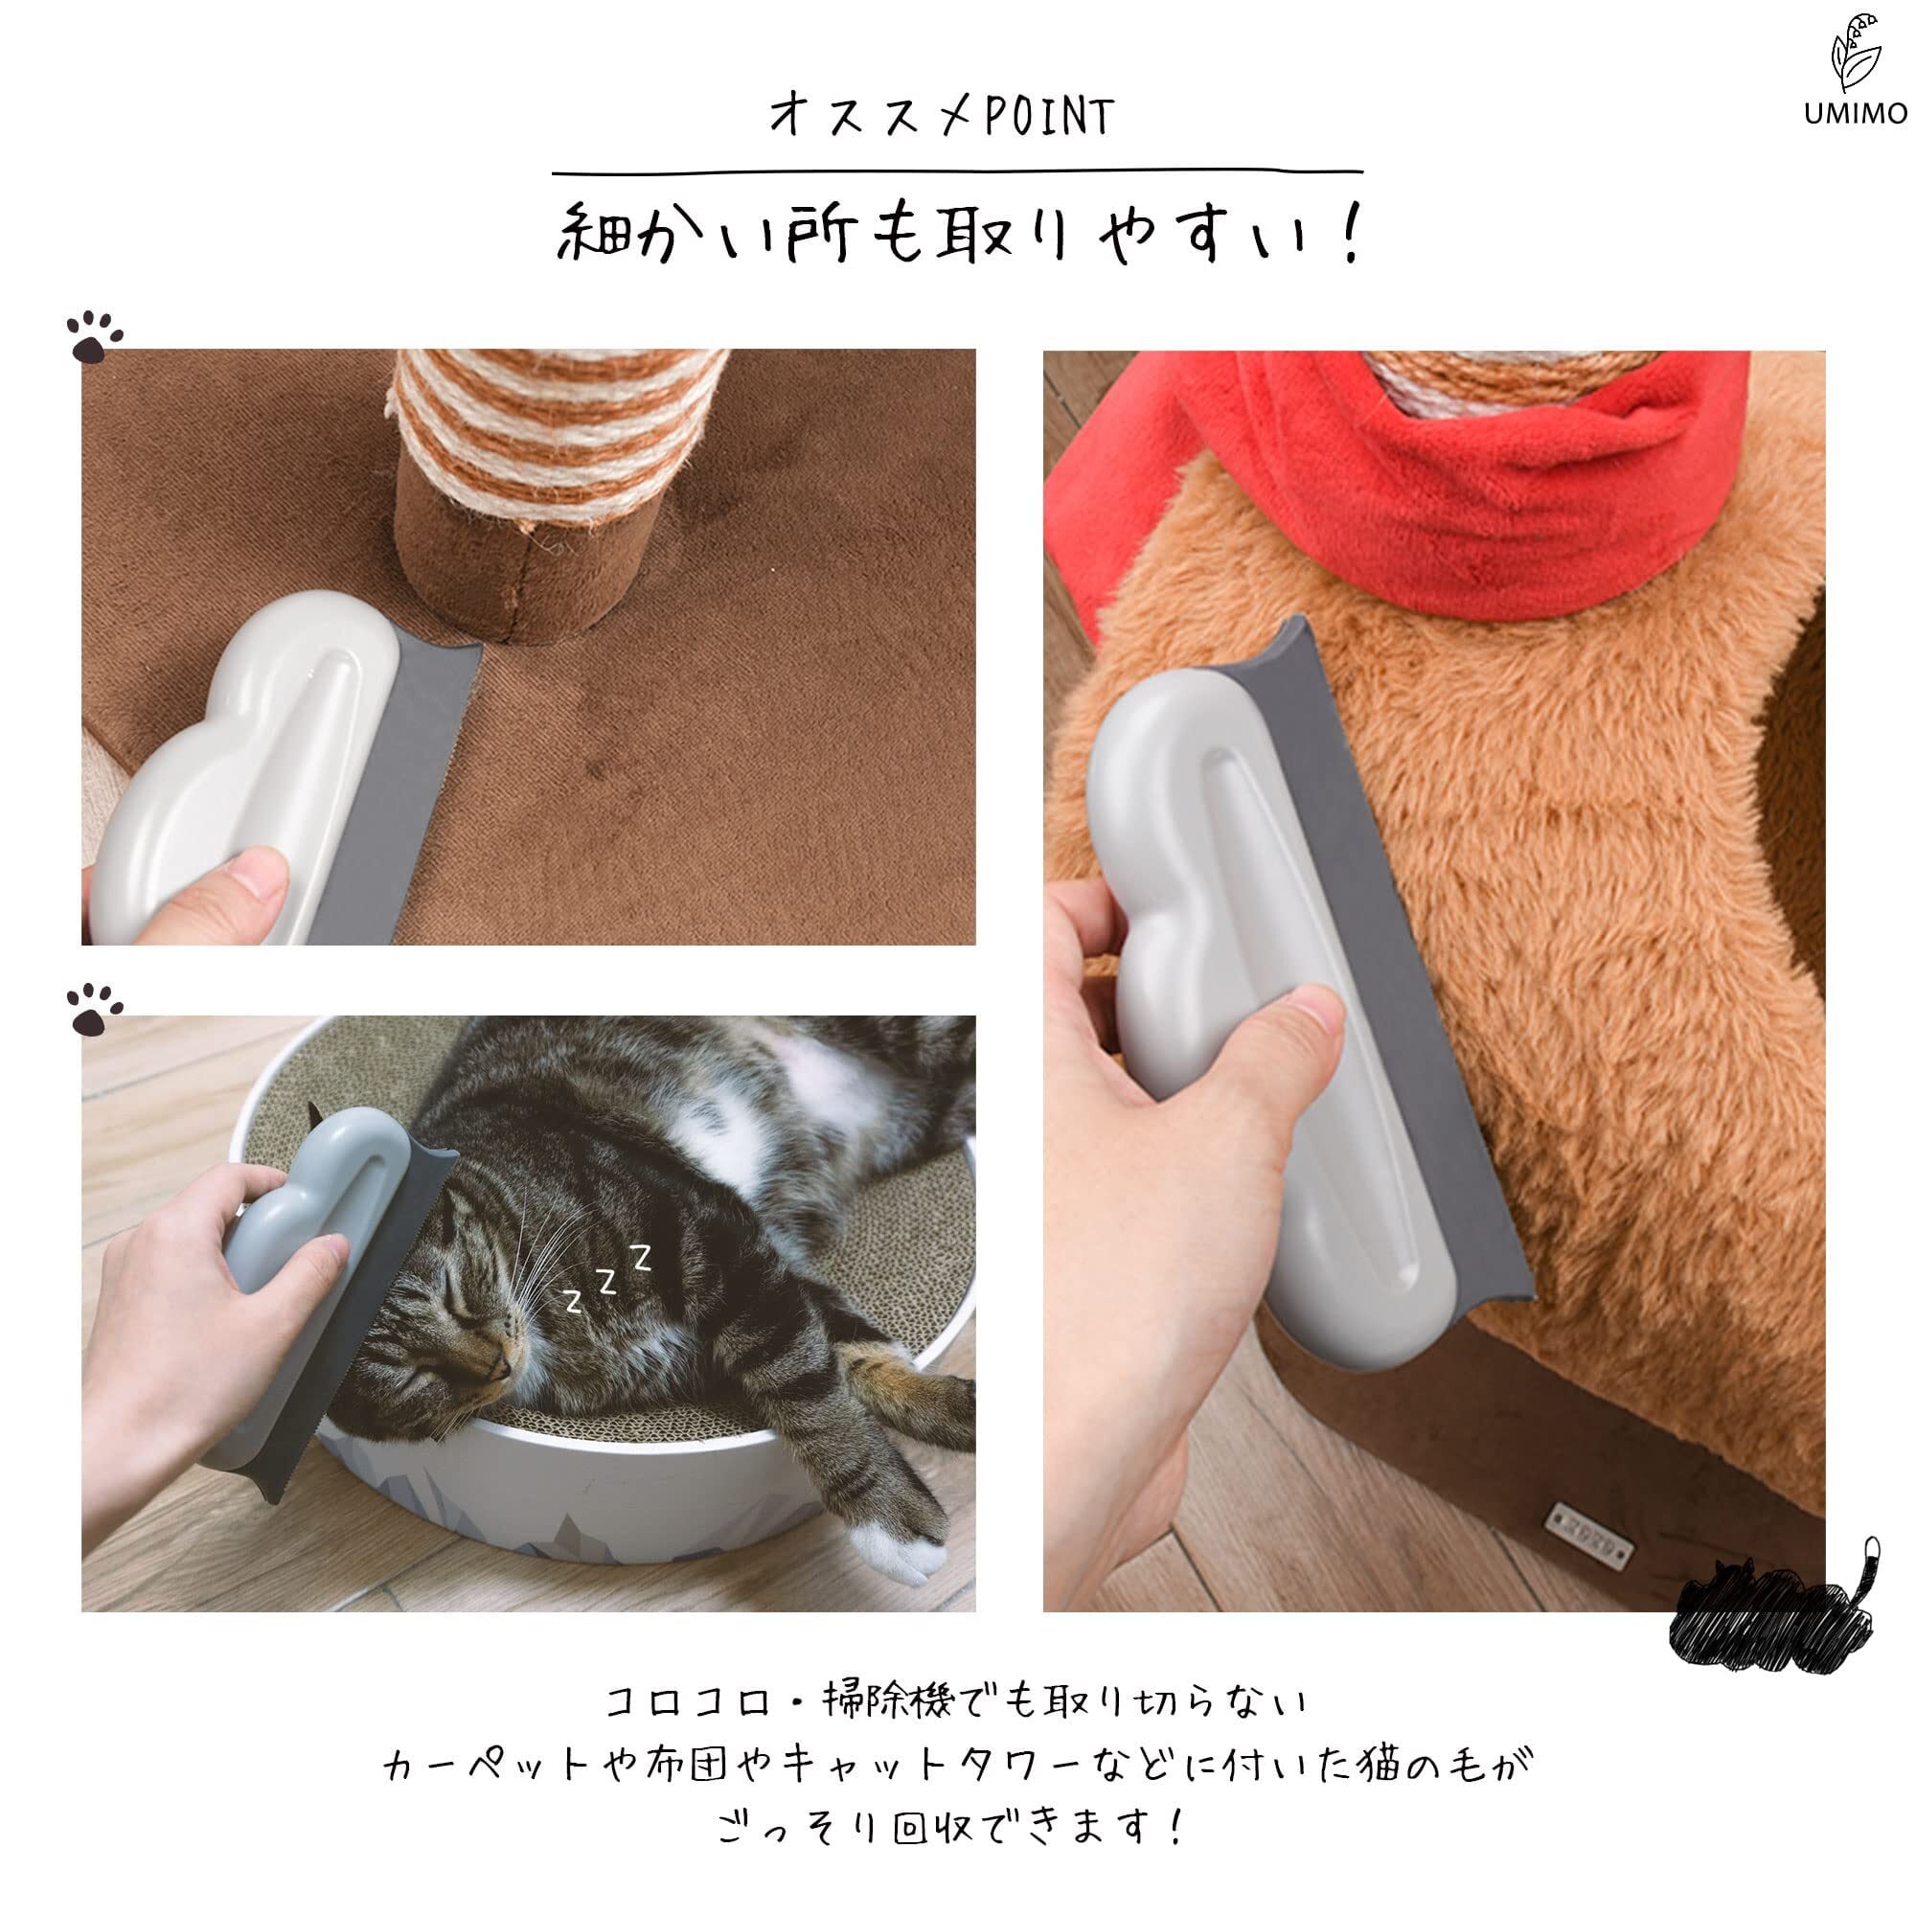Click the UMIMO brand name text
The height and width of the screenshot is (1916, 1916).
1855,114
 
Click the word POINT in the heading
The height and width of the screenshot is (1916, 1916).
1048,117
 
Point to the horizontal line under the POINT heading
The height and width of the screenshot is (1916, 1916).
957,172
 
